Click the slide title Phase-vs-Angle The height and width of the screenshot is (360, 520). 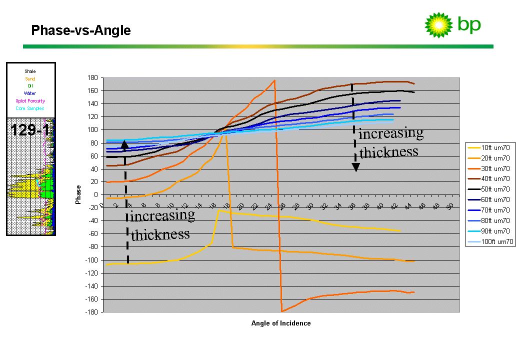(x=81, y=30)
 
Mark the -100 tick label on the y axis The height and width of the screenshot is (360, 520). (x=92, y=260)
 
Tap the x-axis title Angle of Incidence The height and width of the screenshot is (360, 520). (x=280, y=323)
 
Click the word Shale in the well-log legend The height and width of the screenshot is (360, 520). (x=30, y=71)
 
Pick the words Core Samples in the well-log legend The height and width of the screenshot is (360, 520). (x=30, y=108)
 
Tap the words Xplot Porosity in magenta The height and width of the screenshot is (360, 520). (x=30, y=101)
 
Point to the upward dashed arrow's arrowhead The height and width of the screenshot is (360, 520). (x=125, y=145)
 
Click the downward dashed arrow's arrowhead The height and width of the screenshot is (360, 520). (x=355, y=167)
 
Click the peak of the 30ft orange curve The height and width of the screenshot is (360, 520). (x=274, y=80)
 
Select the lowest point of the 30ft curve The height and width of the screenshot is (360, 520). (x=282, y=311)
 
